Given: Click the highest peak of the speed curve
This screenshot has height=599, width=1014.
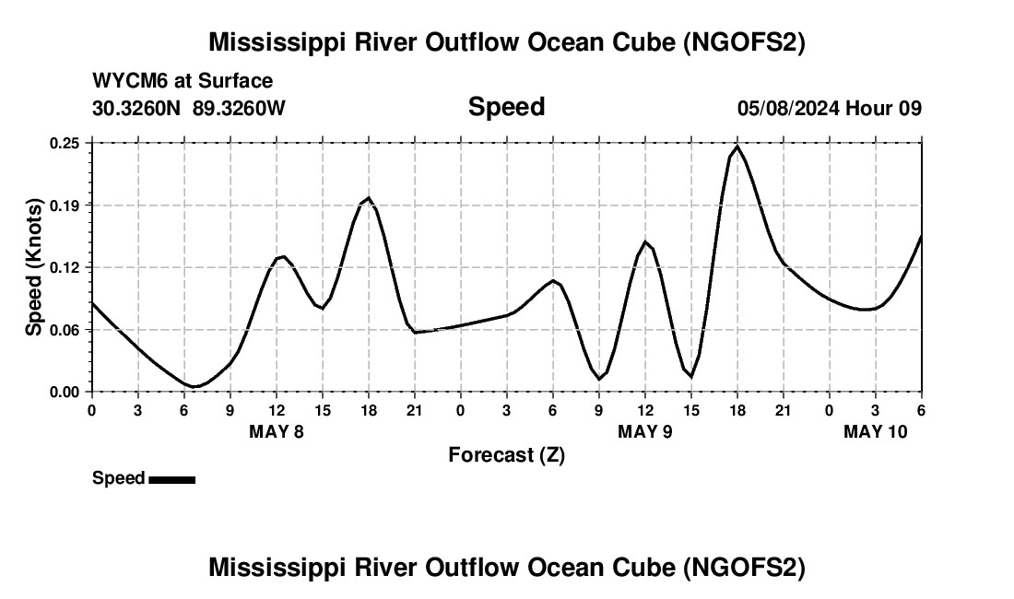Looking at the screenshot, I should (x=737, y=147).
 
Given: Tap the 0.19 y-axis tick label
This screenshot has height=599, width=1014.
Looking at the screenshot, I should (x=65, y=205).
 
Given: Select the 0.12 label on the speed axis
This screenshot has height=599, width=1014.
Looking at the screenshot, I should (x=65, y=267).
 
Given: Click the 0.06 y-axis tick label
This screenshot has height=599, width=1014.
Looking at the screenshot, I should (x=65, y=330).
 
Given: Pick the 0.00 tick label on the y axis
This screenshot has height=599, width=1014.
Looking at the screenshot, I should (x=65, y=392).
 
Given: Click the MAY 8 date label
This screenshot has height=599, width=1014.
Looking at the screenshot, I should (x=277, y=431).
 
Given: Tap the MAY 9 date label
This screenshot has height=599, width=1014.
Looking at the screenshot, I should (x=645, y=431).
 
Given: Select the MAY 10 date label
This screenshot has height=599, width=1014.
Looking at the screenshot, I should (x=876, y=431).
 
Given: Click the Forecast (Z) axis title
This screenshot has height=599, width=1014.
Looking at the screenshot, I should (x=506, y=454).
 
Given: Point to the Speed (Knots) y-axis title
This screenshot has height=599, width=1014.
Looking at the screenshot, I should (x=34, y=267).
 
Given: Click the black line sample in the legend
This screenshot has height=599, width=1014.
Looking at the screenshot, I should (x=172, y=479).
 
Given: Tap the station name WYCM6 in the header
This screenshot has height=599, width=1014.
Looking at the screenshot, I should (x=125, y=81).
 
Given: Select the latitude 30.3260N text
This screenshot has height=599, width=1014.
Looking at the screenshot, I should (x=138, y=108).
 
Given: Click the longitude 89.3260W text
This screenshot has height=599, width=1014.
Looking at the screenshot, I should (x=240, y=108).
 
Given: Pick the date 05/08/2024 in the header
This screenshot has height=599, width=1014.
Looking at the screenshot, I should (x=788, y=108).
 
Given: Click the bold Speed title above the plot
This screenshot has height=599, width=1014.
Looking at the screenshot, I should (x=506, y=107).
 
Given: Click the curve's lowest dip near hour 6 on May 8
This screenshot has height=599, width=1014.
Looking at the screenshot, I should (x=195, y=386).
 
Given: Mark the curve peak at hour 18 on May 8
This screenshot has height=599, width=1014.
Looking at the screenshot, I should (x=369, y=197).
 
